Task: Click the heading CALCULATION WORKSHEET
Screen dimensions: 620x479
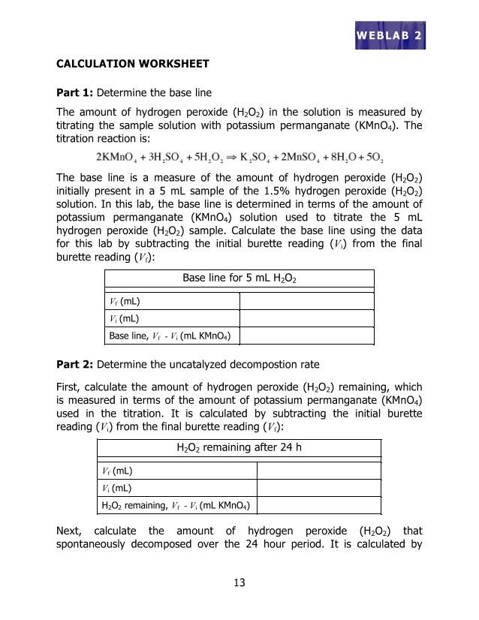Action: [133, 64]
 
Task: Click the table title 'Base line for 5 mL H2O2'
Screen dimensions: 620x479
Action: [239, 279]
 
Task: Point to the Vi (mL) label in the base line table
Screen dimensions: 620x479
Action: [125, 319]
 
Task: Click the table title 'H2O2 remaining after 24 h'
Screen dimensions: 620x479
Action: [239, 448]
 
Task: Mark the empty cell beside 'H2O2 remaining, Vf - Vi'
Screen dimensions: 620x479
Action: [319, 504]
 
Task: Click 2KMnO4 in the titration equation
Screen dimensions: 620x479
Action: [116, 158]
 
